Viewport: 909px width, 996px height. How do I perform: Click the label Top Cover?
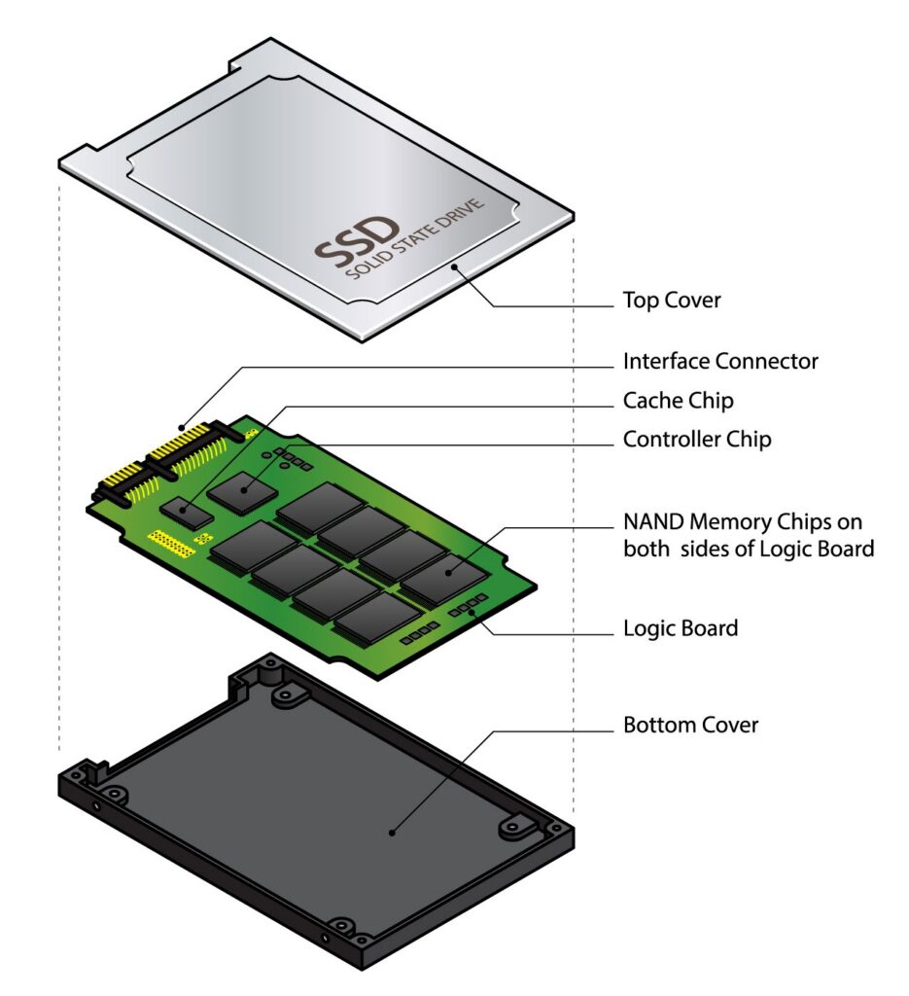(x=672, y=301)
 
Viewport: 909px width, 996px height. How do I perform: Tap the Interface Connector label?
(x=720, y=362)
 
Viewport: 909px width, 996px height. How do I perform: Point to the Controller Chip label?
(x=697, y=440)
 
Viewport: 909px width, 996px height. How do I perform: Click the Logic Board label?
(x=680, y=628)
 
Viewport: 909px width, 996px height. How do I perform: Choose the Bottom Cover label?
(x=690, y=726)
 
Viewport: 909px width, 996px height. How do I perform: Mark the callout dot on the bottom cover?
(x=392, y=831)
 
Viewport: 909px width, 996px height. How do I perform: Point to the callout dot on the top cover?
(x=453, y=262)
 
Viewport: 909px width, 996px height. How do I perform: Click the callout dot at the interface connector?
(x=184, y=425)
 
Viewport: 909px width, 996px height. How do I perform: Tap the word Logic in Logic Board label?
(x=651, y=628)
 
